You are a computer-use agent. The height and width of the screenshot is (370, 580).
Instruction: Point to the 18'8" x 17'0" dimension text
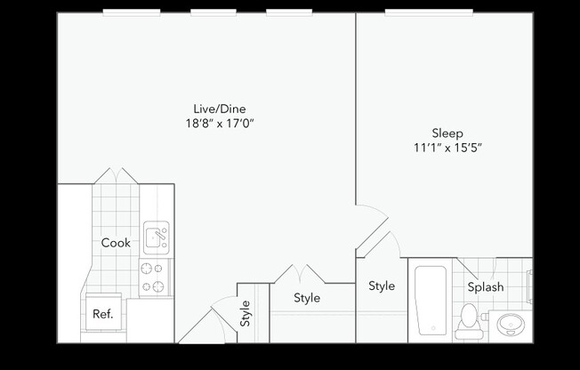[x=207, y=124]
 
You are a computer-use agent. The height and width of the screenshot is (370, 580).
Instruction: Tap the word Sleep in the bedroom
[x=447, y=133]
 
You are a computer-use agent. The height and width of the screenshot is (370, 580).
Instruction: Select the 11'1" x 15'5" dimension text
[x=447, y=149]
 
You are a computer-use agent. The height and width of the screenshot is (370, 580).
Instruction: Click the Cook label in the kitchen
[x=116, y=243]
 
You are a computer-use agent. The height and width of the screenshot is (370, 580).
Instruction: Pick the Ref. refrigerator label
[x=101, y=313]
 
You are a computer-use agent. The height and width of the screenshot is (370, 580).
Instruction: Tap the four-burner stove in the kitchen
[x=153, y=277]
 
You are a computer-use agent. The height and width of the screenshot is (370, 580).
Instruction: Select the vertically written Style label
[x=246, y=313]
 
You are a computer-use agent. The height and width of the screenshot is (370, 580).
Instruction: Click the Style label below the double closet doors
[x=307, y=298]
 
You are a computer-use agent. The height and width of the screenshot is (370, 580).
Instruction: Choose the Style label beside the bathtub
[x=382, y=286]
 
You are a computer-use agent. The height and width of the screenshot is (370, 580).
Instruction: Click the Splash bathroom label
[x=486, y=286]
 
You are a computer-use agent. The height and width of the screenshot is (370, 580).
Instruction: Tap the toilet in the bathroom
[x=468, y=322]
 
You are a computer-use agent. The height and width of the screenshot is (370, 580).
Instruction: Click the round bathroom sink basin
[x=511, y=324]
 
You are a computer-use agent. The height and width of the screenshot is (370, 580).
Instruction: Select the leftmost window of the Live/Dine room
[x=132, y=12]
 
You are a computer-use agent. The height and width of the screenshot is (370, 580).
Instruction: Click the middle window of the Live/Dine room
[x=214, y=12]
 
